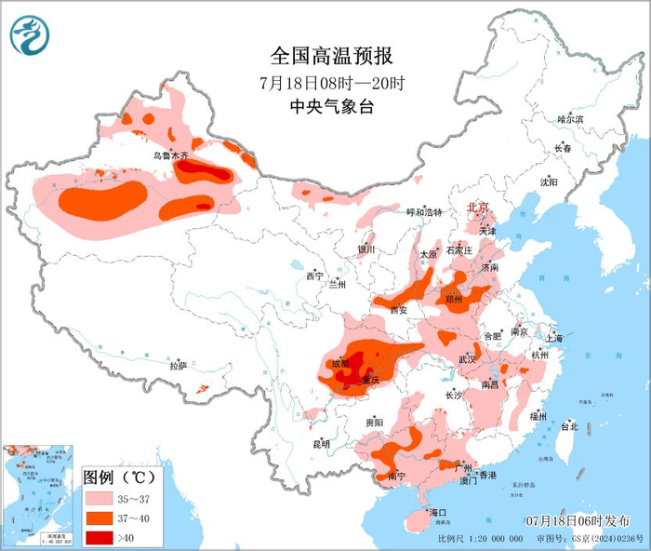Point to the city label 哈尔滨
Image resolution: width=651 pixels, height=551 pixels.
tap(569, 120)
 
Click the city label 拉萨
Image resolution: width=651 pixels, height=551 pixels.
tap(178, 366)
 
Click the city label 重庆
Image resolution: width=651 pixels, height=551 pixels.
tap(372, 380)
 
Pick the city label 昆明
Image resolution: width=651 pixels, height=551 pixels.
tap(321, 443)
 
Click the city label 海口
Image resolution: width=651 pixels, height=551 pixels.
tap(437, 513)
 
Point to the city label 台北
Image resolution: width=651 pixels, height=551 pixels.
tap(569, 426)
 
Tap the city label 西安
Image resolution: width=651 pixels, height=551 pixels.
tap(399, 309)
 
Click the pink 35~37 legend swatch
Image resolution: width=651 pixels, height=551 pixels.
tap(100, 499)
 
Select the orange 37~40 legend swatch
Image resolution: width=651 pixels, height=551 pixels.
tap(100, 517)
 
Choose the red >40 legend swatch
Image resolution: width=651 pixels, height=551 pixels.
tap(100, 536)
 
